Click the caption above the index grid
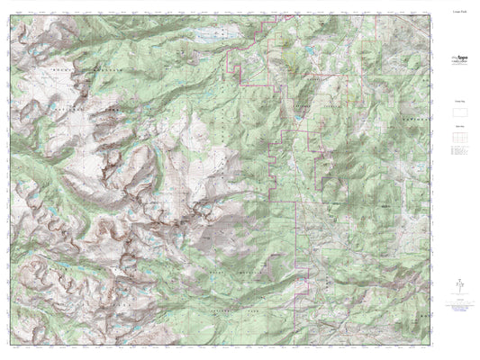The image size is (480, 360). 455,129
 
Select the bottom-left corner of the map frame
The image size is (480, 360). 13,344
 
